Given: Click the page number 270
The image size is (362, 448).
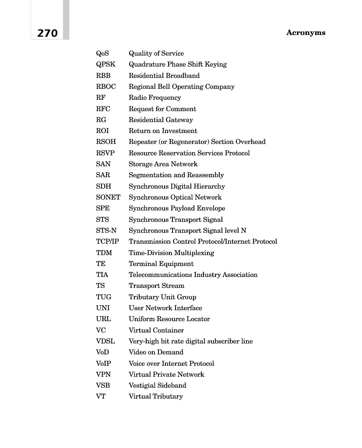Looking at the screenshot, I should (x=47, y=33).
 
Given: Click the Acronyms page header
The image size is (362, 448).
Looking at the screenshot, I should (x=306, y=33).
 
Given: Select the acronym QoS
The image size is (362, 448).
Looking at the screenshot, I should (x=102, y=53).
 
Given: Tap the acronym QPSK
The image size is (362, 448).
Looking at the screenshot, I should (x=106, y=64).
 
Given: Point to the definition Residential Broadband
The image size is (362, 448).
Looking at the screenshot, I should (x=164, y=76).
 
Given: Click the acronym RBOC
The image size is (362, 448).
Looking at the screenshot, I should (x=106, y=87).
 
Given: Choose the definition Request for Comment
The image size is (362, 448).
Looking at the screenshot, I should (x=162, y=109).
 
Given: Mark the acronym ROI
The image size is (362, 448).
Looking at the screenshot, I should (x=102, y=131).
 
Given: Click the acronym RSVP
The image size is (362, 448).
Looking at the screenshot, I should (x=105, y=153).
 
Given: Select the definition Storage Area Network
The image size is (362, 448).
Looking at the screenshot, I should (x=163, y=164).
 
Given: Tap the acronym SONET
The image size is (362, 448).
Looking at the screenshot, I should (x=108, y=197).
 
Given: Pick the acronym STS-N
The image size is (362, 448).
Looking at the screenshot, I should (x=106, y=231).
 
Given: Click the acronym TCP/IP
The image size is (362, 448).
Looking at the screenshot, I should (x=108, y=241).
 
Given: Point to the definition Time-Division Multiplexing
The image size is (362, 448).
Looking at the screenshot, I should (x=172, y=253).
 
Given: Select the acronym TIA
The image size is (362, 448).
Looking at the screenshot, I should (x=102, y=275).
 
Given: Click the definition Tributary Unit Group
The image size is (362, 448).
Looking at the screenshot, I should (x=162, y=297).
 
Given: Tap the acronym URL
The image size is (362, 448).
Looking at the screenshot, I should (x=103, y=319).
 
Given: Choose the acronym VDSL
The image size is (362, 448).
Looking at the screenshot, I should (x=105, y=341).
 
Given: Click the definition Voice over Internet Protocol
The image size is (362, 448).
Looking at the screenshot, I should (x=172, y=364).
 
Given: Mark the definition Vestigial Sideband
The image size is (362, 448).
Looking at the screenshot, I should (x=158, y=385).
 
